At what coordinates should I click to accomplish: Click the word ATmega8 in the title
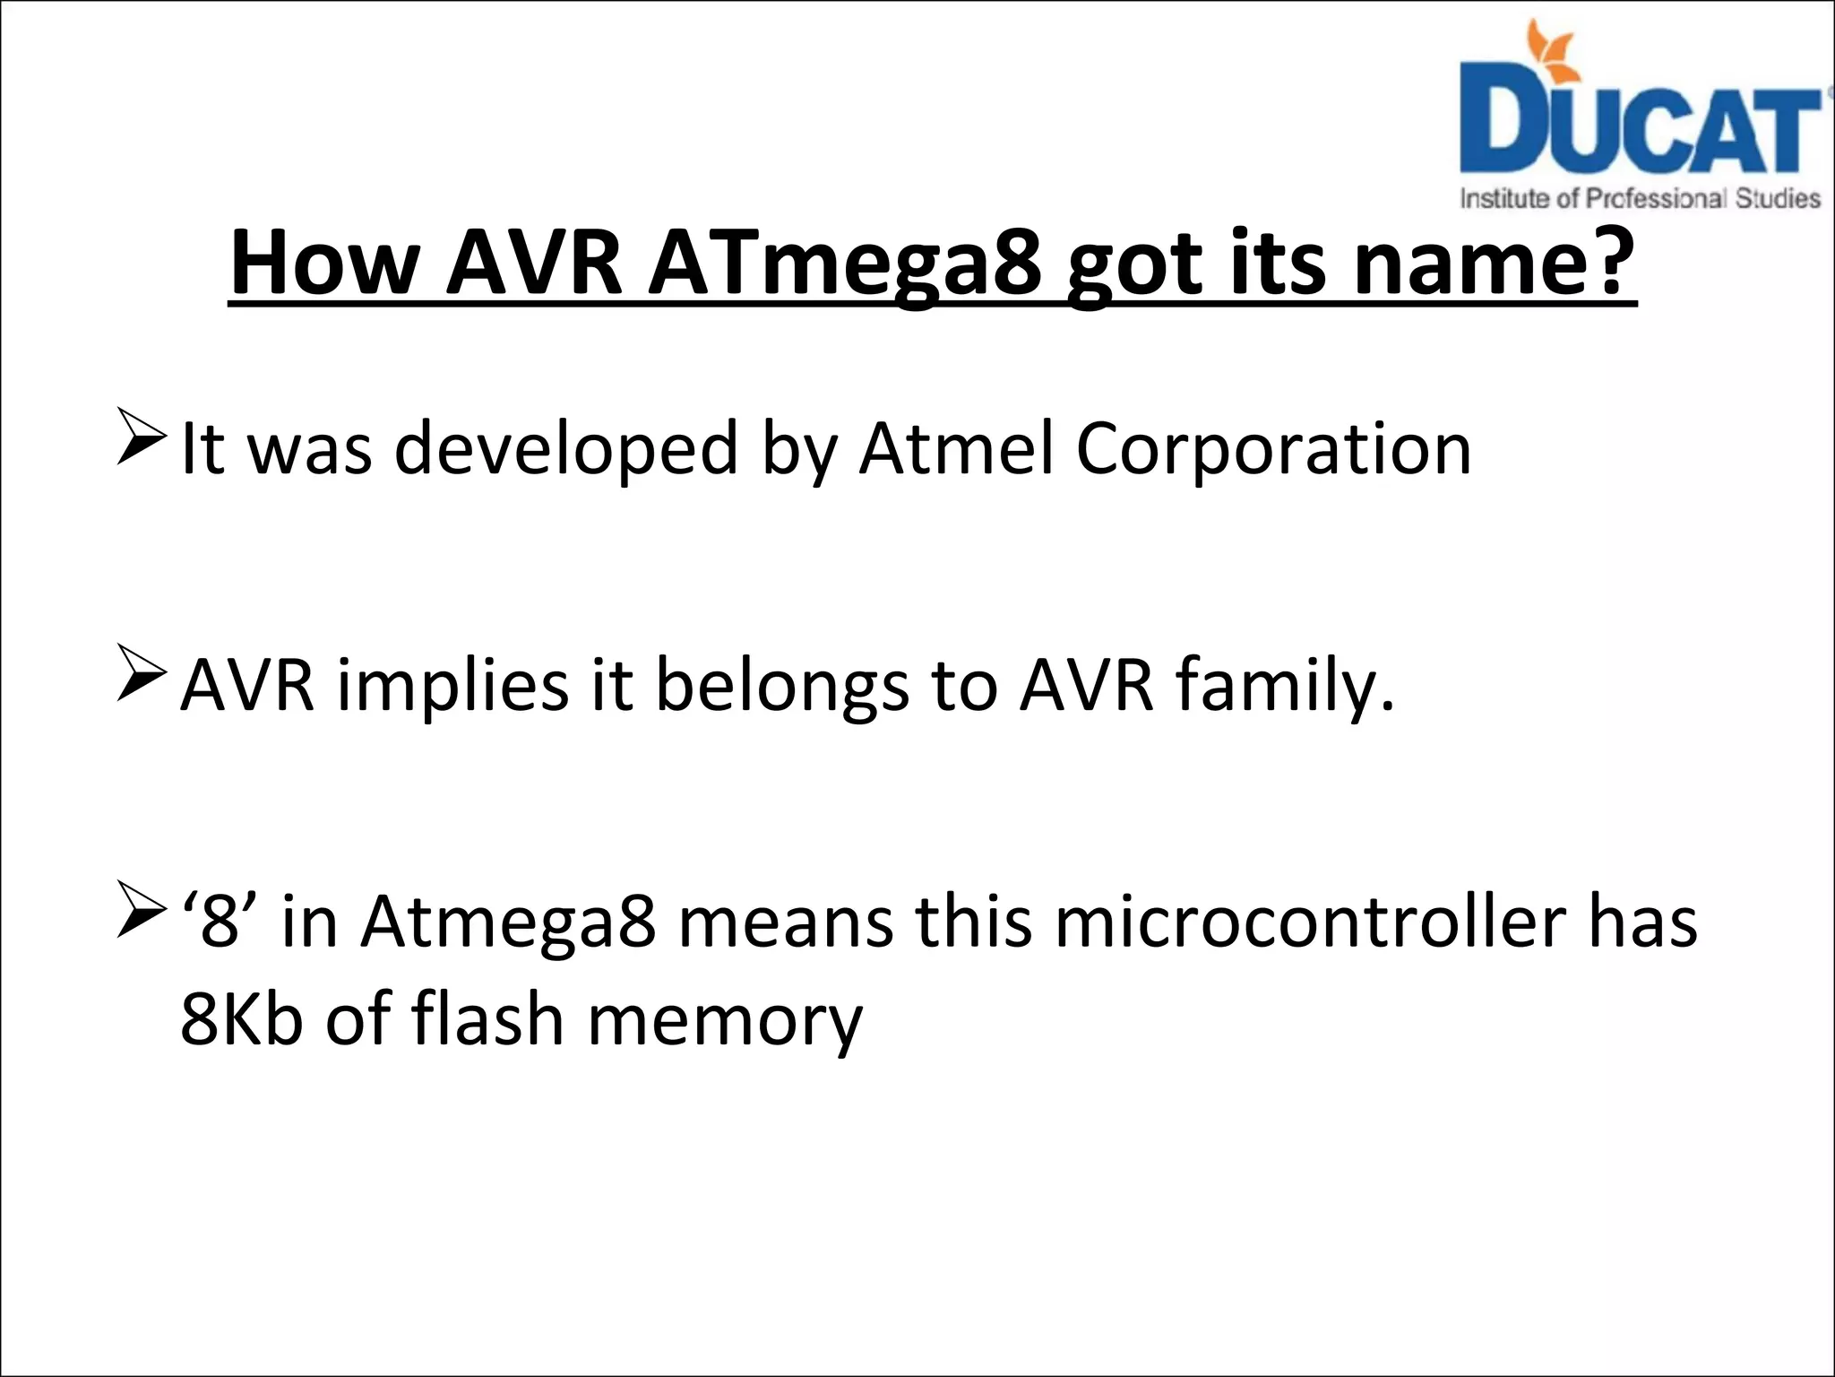[x=846, y=264]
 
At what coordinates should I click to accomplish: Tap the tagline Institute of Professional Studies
[x=1640, y=198]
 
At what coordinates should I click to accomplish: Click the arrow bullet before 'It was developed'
[x=141, y=437]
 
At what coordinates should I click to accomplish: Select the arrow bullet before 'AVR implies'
[x=141, y=673]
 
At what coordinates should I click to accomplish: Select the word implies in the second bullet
[x=453, y=686]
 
